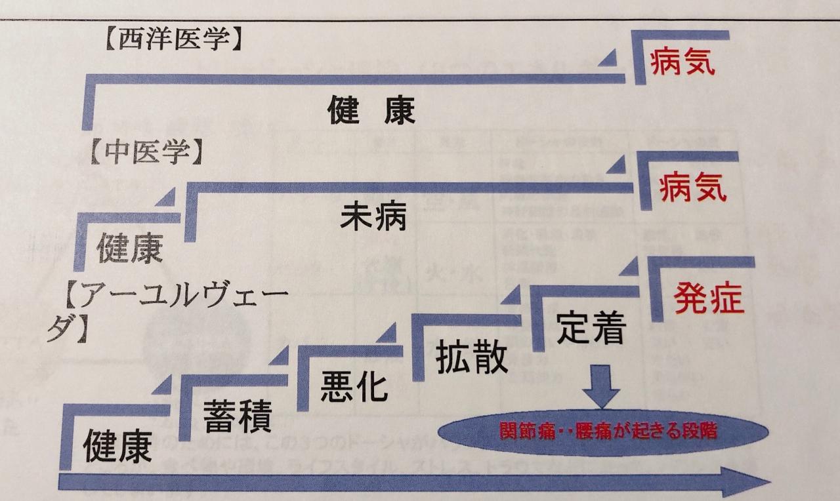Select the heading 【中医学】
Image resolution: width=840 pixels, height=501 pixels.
coord(144,152)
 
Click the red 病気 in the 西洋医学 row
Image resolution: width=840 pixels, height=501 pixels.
coord(682,64)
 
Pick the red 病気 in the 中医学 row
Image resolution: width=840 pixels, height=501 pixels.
coord(692,190)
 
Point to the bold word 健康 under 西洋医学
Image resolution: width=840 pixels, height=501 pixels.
coord(372,111)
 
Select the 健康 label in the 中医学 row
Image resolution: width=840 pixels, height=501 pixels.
coord(129,249)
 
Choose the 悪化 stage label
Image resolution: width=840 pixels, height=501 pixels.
coord(354,387)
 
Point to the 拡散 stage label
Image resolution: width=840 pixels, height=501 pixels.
coord(472,358)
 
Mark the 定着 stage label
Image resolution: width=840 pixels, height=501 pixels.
coord(591,329)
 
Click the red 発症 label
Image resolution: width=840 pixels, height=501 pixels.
coord(708,298)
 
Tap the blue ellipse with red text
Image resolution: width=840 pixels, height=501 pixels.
coord(602,433)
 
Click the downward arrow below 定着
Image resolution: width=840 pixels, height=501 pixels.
coord(600,386)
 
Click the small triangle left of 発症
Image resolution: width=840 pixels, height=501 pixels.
coord(631,267)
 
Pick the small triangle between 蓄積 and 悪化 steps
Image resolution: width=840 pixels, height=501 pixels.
coord(280,356)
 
